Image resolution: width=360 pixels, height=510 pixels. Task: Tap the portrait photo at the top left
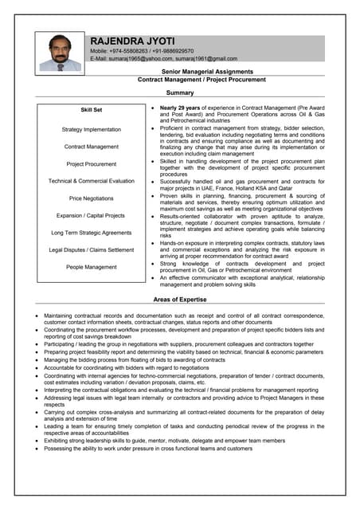(61, 53)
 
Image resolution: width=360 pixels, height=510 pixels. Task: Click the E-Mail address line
(163, 58)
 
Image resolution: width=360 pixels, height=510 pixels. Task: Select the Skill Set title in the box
(91, 110)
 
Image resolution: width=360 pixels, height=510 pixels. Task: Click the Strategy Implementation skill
(91, 129)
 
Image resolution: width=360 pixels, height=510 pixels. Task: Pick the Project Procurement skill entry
(91, 164)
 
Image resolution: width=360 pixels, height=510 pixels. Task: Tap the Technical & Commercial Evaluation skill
(91, 181)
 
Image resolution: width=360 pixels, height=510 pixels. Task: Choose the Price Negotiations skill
(91, 198)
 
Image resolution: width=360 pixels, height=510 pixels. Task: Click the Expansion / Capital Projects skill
(91, 215)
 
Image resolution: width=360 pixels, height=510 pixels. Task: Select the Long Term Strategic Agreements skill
(91, 233)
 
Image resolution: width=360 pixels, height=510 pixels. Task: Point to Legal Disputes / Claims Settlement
(91, 249)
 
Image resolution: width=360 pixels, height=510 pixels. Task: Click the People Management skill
(91, 267)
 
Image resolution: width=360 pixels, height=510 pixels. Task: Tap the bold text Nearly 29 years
(181, 107)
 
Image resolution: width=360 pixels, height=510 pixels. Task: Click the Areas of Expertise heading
(180, 300)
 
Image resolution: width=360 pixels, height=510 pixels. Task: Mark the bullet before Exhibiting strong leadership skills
(37, 440)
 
